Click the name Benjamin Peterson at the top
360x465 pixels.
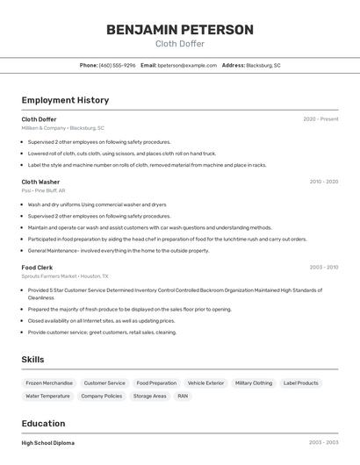(179, 30)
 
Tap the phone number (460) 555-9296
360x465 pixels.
(117, 65)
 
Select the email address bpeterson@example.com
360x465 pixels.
(187, 65)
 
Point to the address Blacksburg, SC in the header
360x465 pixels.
(263, 65)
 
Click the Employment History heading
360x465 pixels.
(65, 100)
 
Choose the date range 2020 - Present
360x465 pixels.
(320, 119)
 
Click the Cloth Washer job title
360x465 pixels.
(40, 182)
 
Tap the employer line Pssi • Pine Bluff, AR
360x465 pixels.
(43, 190)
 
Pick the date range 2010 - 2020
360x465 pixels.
(323, 182)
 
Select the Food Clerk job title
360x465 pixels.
(37, 267)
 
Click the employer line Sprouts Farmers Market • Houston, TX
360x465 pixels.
(65, 275)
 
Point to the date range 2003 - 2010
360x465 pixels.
(323, 267)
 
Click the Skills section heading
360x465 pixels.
(32, 360)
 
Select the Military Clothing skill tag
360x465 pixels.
(254, 383)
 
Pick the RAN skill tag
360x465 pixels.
(183, 396)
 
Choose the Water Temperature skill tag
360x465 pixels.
(47, 396)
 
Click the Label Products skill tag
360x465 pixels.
(300, 383)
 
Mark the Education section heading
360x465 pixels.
(43, 423)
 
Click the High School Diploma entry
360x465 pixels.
(47, 443)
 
